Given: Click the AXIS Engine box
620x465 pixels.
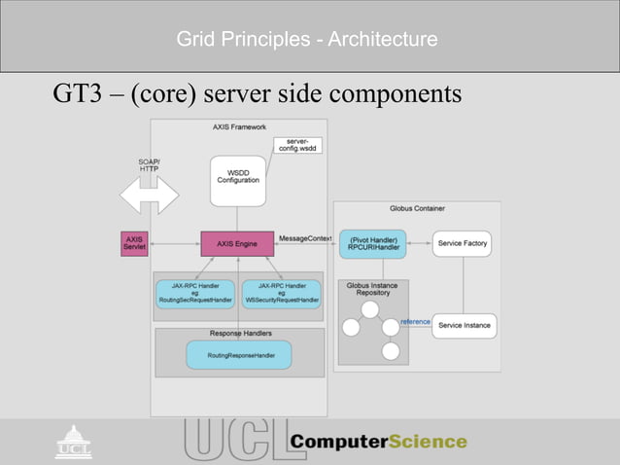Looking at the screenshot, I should [x=237, y=243].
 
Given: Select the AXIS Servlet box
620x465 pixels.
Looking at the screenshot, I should [x=132, y=243].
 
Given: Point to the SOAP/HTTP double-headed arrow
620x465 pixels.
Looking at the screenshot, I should [x=149, y=196].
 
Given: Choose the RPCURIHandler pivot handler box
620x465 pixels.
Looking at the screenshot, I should [x=372, y=243].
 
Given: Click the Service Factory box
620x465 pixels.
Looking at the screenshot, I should [x=463, y=243].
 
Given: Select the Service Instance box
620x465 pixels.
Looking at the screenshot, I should [x=463, y=325].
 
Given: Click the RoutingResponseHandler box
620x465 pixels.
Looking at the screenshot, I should [x=237, y=355].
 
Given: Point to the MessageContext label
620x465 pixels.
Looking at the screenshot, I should [x=305, y=237].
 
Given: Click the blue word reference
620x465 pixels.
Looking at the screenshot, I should [x=415, y=322].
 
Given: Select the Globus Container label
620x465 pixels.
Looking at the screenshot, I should [x=417, y=208].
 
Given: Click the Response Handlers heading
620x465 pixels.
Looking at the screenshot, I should [x=240, y=334].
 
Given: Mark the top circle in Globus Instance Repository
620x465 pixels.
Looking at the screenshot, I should [x=370, y=310].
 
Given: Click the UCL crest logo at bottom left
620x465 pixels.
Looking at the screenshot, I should [x=73, y=442].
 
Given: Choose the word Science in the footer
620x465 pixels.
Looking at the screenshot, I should [x=428, y=442].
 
